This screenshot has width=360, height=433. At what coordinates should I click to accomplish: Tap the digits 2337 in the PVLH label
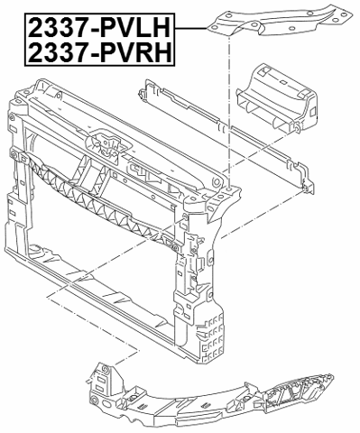(56, 27)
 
